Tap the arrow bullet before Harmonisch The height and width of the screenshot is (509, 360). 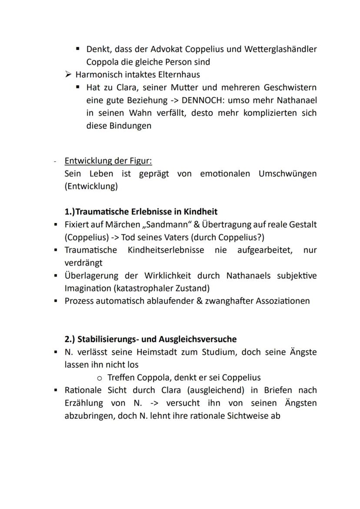(x=67, y=75)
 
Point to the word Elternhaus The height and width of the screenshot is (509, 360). (x=179, y=75)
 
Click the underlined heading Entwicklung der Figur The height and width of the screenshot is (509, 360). (x=108, y=161)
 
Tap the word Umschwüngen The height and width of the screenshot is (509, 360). (x=287, y=174)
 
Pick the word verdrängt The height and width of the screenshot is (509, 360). (x=83, y=263)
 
